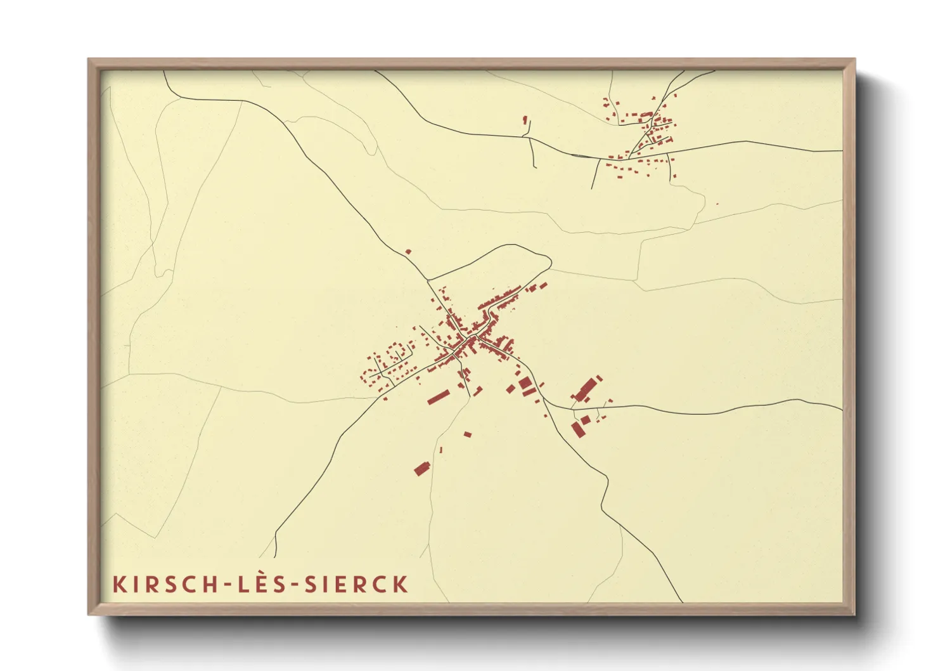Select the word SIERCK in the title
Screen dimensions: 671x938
coord(356,584)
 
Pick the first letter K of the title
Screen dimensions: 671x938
coord(119,584)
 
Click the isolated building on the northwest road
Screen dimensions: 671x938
coord(408,252)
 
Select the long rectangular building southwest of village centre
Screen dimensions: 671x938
coord(438,397)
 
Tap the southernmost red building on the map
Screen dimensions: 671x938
coord(421,469)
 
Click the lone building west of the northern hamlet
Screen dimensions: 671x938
coord(525,119)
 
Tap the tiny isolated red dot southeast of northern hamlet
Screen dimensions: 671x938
coord(717,204)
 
